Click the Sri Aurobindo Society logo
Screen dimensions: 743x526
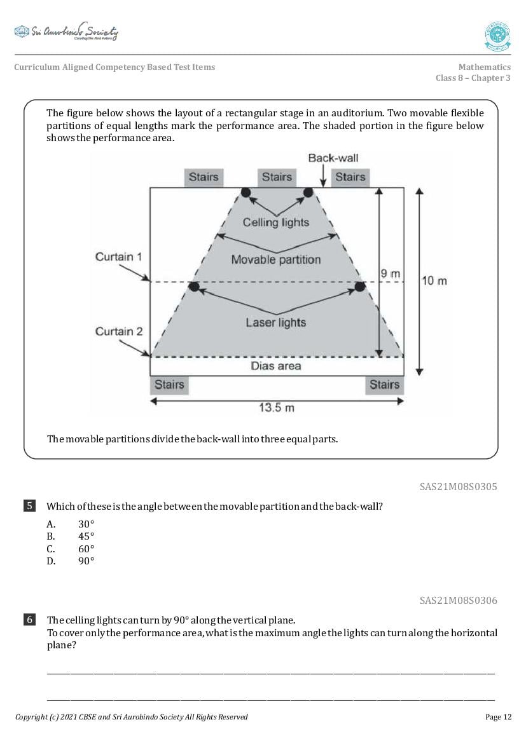tap(66, 32)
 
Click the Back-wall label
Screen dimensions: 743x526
tap(331, 158)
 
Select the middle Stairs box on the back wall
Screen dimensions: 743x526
tap(277, 177)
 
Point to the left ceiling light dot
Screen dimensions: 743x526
tap(246, 193)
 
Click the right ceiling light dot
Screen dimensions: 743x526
tap(308, 193)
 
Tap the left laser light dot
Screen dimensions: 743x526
tap(195, 287)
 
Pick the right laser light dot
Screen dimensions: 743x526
tap(359, 287)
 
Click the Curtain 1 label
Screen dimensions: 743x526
tap(118, 257)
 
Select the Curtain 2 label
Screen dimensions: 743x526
tap(118, 331)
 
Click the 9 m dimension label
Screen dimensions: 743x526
tap(391, 274)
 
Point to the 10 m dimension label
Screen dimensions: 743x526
tap(434, 280)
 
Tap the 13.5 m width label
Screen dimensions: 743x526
tap(276, 407)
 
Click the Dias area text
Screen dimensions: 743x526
tap(276, 366)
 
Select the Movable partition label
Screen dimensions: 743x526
tap(276, 259)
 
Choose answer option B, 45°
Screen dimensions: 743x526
tap(86, 536)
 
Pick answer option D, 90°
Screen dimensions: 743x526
tap(86, 561)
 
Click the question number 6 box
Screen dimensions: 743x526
tap(30, 620)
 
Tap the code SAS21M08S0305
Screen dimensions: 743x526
tap(458, 487)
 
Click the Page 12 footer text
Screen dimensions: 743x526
tap(498, 717)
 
